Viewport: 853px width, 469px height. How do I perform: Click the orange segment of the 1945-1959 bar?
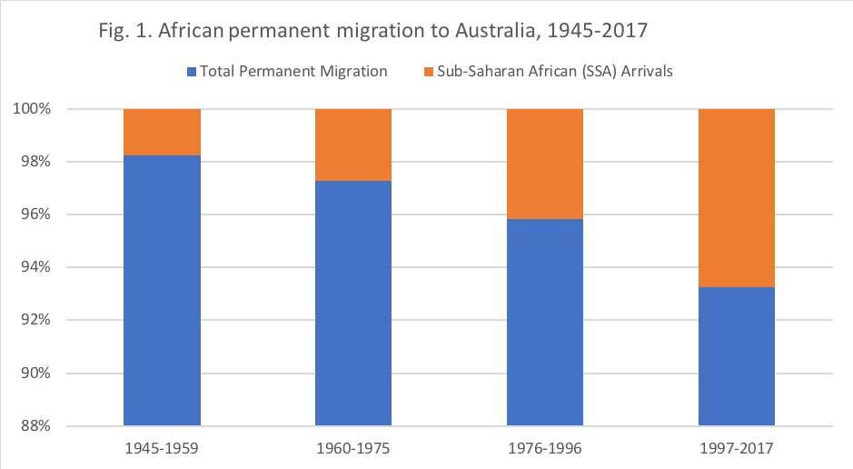pyautogui.click(x=162, y=132)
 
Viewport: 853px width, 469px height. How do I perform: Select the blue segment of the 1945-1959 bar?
pyautogui.click(x=162, y=290)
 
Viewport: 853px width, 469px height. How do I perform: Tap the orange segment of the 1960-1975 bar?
pyautogui.click(x=353, y=145)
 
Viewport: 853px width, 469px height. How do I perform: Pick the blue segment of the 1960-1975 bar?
pyautogui.click(x=353, y=303)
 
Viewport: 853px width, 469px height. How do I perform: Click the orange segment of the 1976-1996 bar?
pyautogui.click(x=545, y=164)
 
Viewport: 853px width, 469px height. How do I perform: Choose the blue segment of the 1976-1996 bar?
pyautogui.click(x=545, y=322)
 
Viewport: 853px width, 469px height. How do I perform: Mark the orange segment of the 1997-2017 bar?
pyautogui.click(x=737, y=197)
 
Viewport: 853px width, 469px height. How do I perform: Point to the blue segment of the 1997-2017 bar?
pyautogui.click(x=737, y=356)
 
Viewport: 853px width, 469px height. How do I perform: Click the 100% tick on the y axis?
pyautogui.click(x=43, y=109)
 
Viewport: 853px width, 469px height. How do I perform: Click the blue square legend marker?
pyautogui.click(x=191, y=71)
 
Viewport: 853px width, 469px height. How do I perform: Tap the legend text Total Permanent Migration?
pyautogui.click(x=293, y=71)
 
